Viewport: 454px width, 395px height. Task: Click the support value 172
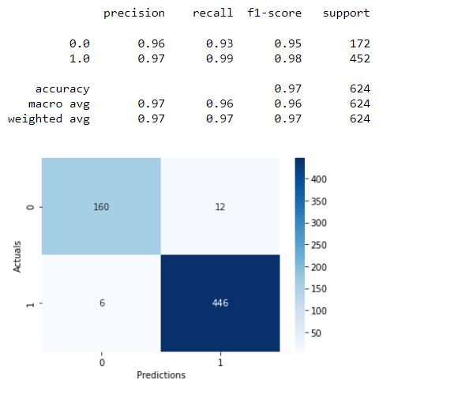pyautogui.click(x=360, y=43)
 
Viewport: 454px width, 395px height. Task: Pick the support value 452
pyautogui.click(x=360, y=58)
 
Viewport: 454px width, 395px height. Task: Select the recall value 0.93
pyautogui.click(x=220, y=43)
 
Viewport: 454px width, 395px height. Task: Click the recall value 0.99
pyautogui.click(x=220, y=58)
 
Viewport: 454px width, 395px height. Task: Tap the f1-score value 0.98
pyautogui.click(x=287, y=58)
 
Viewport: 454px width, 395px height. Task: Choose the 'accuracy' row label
pyautogui.click(x=62, y=89)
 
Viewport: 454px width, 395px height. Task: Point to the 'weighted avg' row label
pyautogui.click(x=49, y=119)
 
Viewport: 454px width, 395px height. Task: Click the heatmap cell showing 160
pyautogui.click(x=101, y=206)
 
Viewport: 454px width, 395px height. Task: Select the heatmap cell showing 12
pyautogui.click(x=220, y=206)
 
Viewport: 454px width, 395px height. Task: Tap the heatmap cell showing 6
pyautogui.click(x=101, y=303)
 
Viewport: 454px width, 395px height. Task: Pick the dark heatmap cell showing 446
pyautogui.click(x=220, y=303)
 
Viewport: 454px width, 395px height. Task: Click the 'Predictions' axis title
pyautogui.click(x=160, y=375)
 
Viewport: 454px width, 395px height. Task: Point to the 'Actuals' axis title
pyautogui.click(x=17, y=254)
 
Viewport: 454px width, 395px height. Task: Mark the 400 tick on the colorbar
pyautogui.click(x=318, y=179)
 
